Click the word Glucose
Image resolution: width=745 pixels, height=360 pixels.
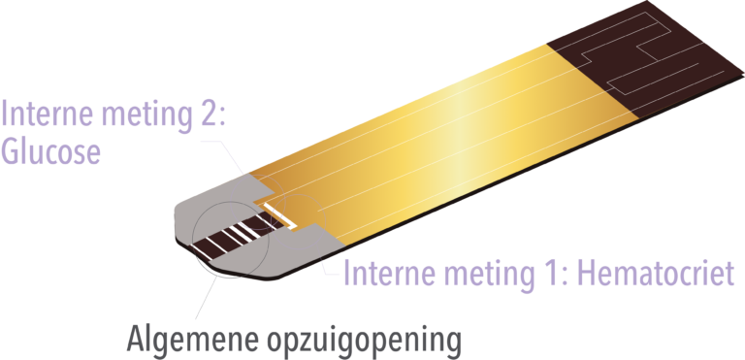coord(50,151)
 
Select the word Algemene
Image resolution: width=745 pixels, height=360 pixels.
coord(194,338)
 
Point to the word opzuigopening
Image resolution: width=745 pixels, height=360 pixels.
coord(366,341)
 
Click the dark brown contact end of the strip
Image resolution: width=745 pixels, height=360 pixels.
coord(646,57)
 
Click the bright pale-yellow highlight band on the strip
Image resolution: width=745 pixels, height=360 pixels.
coord(456,143)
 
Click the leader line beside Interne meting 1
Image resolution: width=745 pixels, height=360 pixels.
coord(329,265)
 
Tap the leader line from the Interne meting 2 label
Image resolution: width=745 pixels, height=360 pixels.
coord(223,154)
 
